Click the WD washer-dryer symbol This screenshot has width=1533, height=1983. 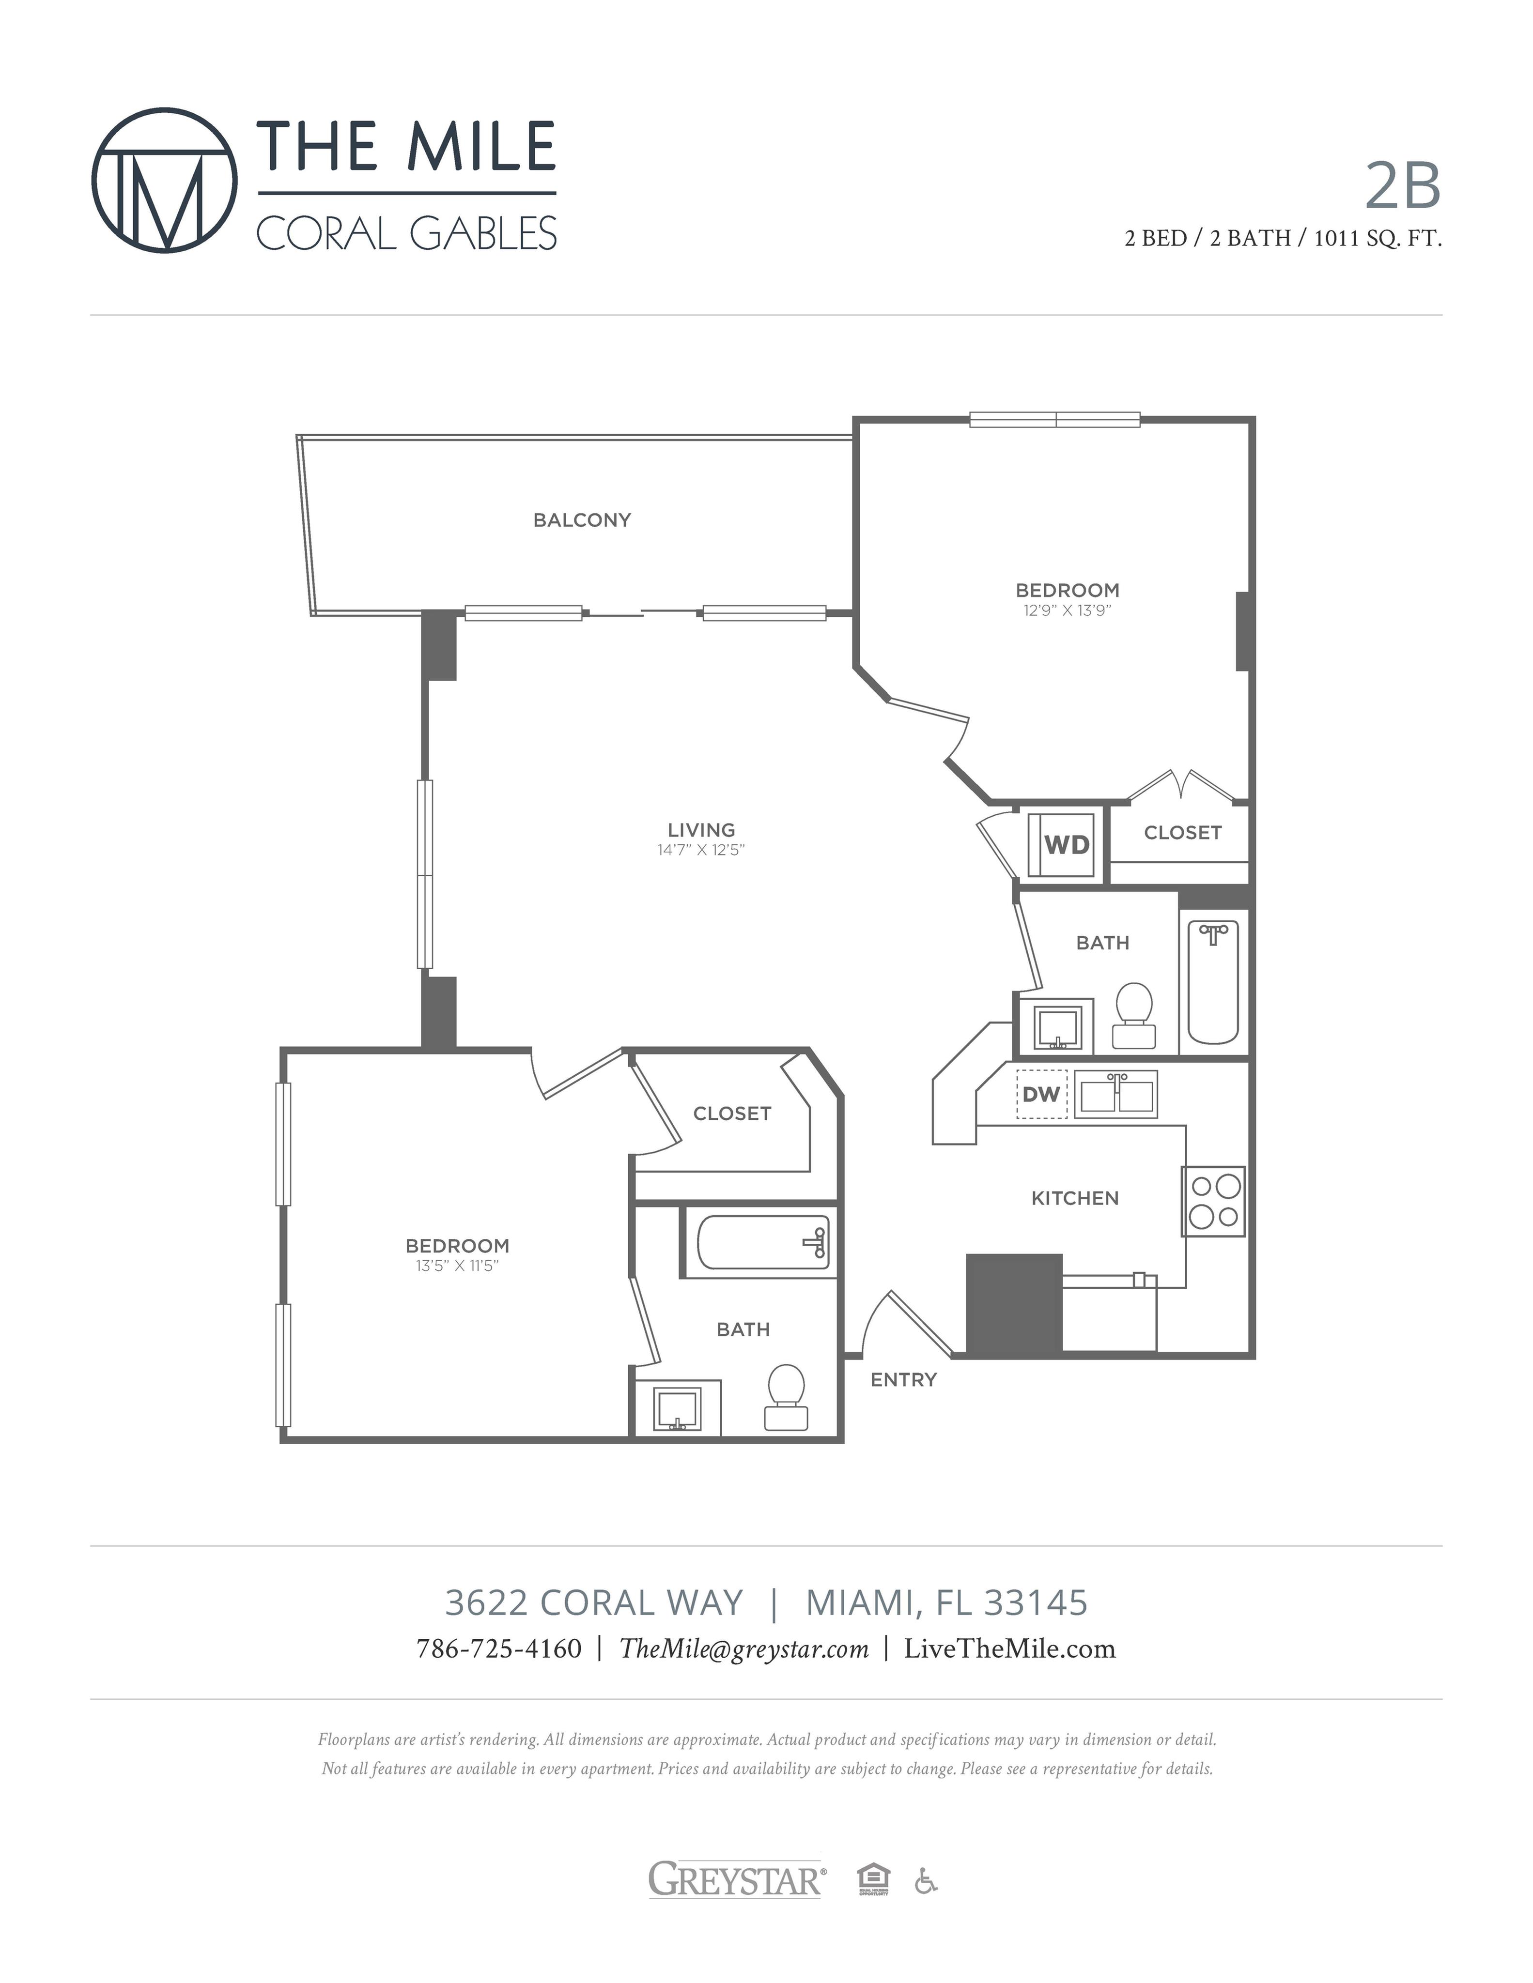pos(1060,844)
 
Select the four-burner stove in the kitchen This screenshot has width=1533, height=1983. pos(1213,1201)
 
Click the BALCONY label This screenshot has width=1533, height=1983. pos(582,520)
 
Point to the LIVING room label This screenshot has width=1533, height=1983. pos(701,830)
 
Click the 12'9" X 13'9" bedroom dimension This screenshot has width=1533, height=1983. pos(1067,610)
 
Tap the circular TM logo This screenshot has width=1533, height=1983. pos(164,181)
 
